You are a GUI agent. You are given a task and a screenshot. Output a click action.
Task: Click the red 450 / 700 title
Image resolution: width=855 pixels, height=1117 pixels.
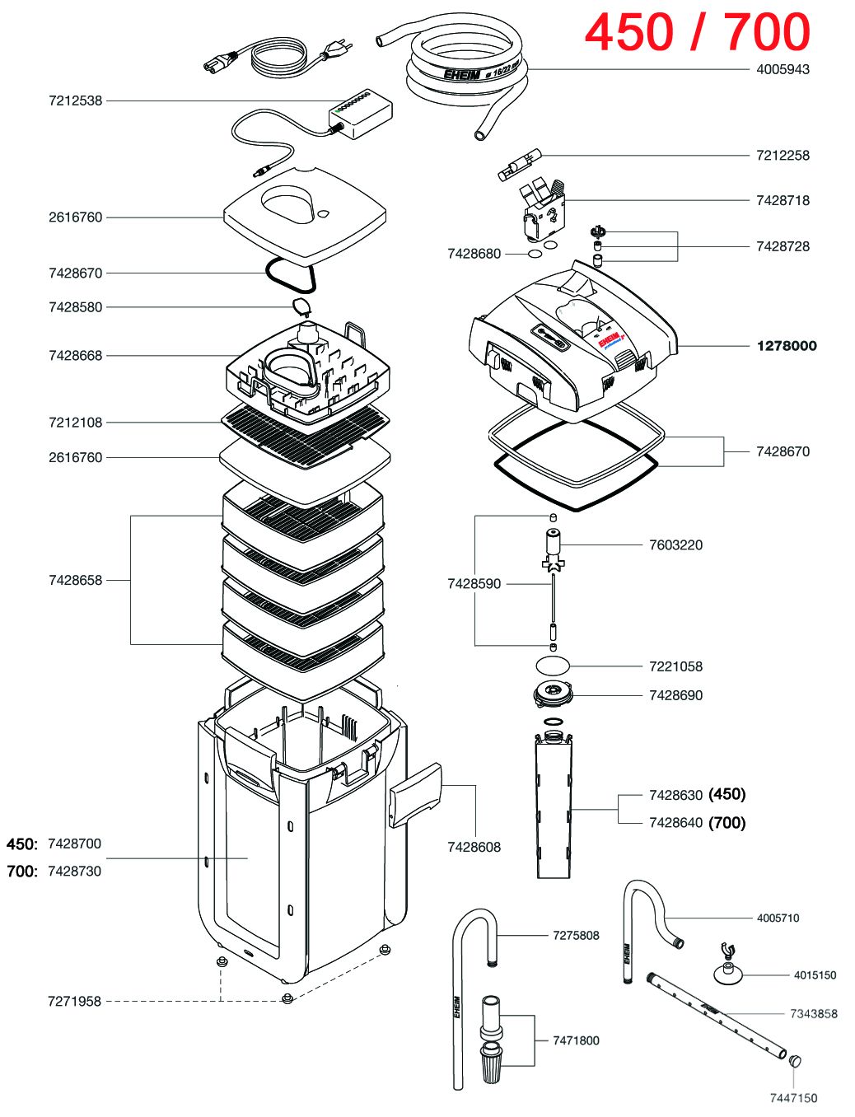pyautogui.click(x=697, y=33)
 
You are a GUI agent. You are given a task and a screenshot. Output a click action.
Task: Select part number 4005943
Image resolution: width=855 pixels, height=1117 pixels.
pyautogui.click(x=783, y=69)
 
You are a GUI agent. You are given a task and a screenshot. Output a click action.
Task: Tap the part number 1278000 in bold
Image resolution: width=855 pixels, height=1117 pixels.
pyautogui.click(x=787, y=346)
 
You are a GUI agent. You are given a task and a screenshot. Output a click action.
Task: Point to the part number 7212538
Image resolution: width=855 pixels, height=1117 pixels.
pyautogui.click(x=76, y=100)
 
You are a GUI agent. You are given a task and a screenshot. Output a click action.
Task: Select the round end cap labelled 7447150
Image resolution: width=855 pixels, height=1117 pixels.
pyautogui.click(x=795, y=1062)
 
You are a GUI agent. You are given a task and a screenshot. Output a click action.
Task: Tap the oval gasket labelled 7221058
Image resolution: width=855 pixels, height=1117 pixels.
pyautogui.click(x=552, y=665)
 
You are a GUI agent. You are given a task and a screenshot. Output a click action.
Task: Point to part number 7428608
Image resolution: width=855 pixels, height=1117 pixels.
pyautogui.click(x=474, y=847)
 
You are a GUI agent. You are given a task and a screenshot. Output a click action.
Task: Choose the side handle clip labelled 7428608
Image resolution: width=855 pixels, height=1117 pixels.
pyautogui.click(x=416, y=793)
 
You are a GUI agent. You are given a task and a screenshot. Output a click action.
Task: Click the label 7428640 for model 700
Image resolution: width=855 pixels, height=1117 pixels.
pyautogui.click(x=675, y=823)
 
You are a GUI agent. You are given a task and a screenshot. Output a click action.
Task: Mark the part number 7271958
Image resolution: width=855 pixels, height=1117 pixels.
pyautogui.click(x=74, y=1002)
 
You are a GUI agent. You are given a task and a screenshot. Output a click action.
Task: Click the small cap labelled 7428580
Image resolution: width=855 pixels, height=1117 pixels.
pyautogui.click(x=300, y=307)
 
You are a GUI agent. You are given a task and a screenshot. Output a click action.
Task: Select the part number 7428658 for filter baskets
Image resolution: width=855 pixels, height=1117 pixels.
pyautogui.click(x=76, y=580)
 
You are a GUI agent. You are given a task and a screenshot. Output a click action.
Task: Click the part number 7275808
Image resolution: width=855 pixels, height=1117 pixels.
pyautogui.click(x=576, y=936)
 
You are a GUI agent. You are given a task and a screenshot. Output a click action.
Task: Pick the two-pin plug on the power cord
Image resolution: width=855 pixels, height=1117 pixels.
pyautogui.click(x=336, y=52)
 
